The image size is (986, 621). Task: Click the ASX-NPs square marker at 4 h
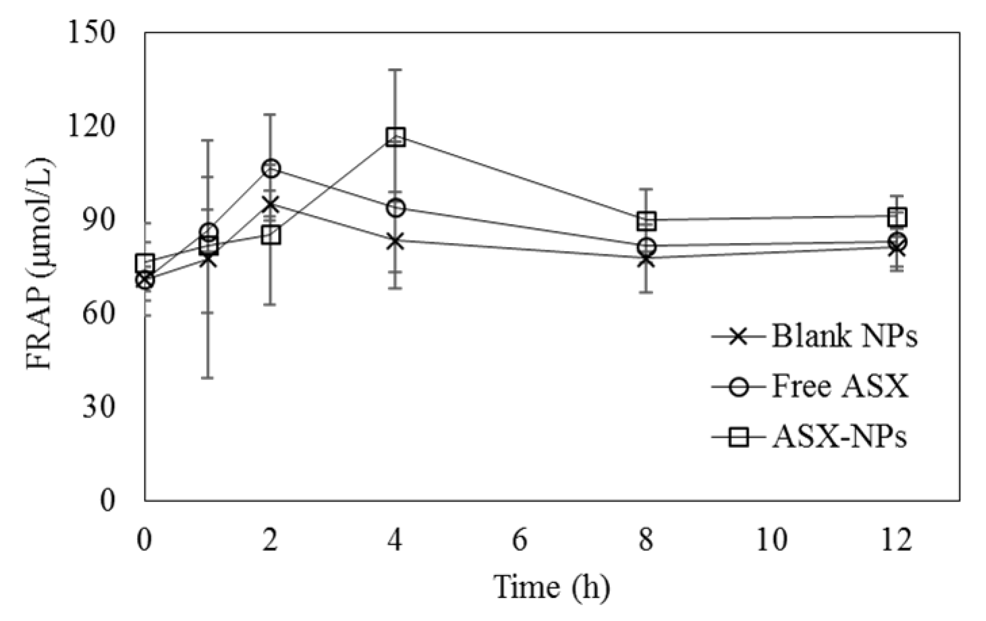(396, 137)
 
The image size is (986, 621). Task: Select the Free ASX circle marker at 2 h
(271, 169)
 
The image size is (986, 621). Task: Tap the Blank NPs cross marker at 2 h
(271, 205)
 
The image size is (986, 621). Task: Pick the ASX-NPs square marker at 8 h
(647, 221)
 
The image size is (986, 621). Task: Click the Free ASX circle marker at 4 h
(396, 208)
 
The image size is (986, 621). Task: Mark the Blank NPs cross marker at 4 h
(396, 241)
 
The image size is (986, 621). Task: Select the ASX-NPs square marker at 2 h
(271, 235)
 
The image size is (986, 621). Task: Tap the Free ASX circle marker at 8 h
(647, 247)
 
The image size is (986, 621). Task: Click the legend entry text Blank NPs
(844, 337)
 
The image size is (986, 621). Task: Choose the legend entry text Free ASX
(840, 387)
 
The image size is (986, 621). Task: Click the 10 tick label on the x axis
(772, 540)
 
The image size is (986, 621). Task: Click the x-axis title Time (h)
(552, 587)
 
